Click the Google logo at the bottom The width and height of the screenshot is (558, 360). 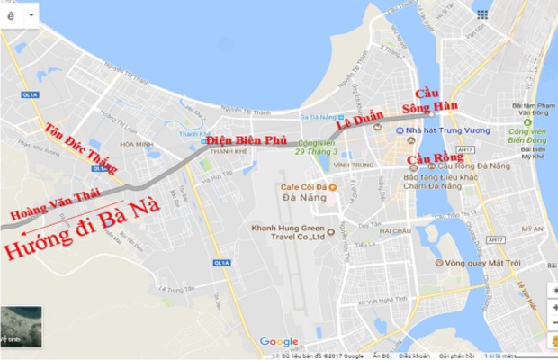coord(278,341)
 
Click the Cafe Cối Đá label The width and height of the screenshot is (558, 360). coord(301,187)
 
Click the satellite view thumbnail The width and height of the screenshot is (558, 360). coord(20,326)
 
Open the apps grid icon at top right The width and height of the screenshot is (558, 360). coord(483,14)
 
